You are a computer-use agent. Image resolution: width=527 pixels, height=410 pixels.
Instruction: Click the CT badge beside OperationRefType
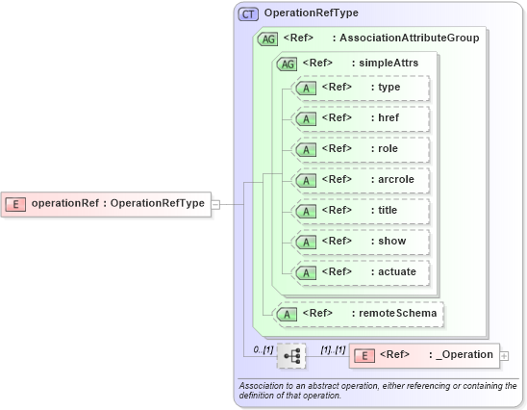click(x=248, y=13)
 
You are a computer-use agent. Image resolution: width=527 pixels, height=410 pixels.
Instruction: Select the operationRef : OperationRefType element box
click(x=107, y=203)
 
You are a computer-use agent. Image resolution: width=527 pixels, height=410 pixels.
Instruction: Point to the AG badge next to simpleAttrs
click(x=286, y=64)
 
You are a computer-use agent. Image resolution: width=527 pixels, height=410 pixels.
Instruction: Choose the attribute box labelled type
click(x=361, y=88)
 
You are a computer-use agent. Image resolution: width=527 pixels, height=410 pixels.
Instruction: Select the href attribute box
click(x=361, y=118)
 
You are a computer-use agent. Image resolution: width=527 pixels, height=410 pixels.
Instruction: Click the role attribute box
click(x=361, y=149)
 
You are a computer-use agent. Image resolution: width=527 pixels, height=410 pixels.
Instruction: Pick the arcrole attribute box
click(x=361, y=180)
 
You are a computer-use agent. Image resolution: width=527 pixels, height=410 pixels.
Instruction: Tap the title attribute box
click(x=361, y=211)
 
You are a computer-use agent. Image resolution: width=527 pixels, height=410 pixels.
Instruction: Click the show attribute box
click(x=361, y=242)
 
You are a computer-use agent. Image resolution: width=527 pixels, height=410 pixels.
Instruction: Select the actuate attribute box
click(x=361, y=272)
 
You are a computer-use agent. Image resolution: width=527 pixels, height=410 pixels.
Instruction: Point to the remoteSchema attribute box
click(x=361, y=313)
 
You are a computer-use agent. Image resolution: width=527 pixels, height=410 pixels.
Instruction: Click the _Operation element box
click(x=424, y=355)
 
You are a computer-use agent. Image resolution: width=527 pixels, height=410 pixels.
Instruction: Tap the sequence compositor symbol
click(x=290, y=356)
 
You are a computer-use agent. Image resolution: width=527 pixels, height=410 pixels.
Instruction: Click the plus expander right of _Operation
click(x=505, y=355)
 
